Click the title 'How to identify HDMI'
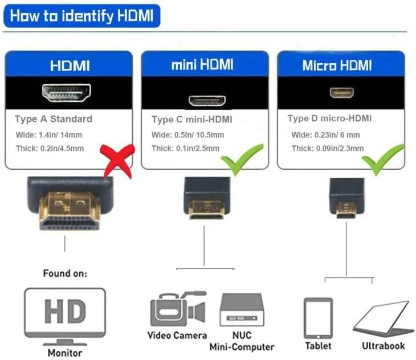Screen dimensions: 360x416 pyautogui.click(x=81, y=15)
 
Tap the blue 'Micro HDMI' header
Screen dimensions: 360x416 pyautogui.click(x=340, y=65)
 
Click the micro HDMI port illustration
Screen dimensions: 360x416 pyautogui.click(x=341, y=92)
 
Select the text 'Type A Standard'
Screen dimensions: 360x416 pyautogui.click(x=54, y=119)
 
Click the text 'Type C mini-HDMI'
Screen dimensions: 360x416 pyautogui.click(x=192, y=120)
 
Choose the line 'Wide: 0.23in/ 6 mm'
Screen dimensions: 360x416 pyautogui.click(x=325, y=135)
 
